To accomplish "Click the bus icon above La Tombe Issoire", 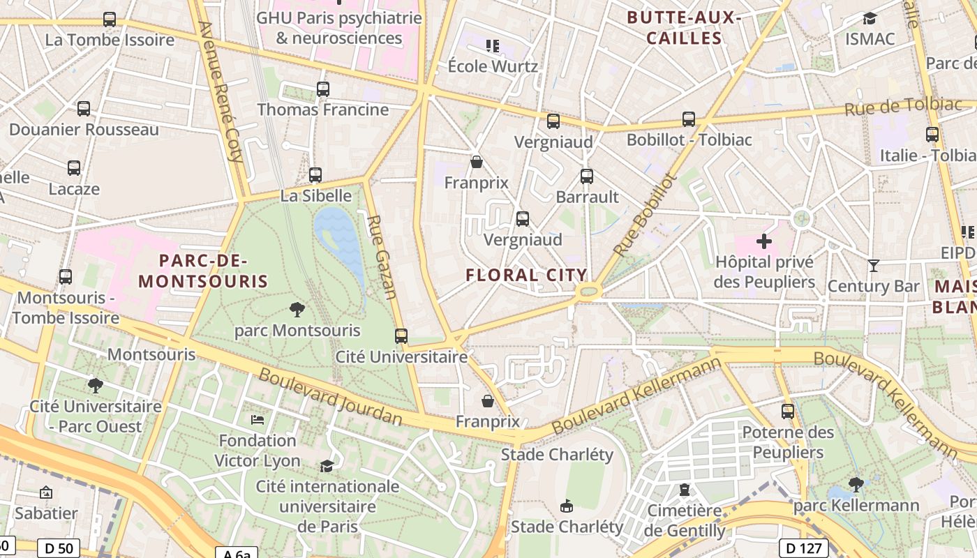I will (x=110, y=20).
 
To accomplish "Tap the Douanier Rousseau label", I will (x=84, y=130).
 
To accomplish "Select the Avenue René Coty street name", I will (x=223, y=91).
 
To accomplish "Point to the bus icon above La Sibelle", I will (x=315, y=175).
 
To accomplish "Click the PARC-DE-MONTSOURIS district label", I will (x=203, y=271).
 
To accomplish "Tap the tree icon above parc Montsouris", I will (x=297, y=310).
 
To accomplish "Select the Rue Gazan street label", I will (x=382, y=257).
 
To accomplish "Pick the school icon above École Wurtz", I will (x=493, y=46).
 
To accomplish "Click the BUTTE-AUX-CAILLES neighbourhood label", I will (x=684, y=28).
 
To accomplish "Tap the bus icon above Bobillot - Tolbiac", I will (x=689, y=119).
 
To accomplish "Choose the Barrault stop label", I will (x=587, y=197).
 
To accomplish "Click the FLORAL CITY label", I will (x=527, y=275).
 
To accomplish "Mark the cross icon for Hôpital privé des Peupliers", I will (x=764, y=241).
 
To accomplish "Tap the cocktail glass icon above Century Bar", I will (x=873, y=265).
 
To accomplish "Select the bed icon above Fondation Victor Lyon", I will (x=258, y=420).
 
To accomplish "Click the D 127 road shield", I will (x=805, y=548).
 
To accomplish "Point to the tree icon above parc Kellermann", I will (x=856, y=484).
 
